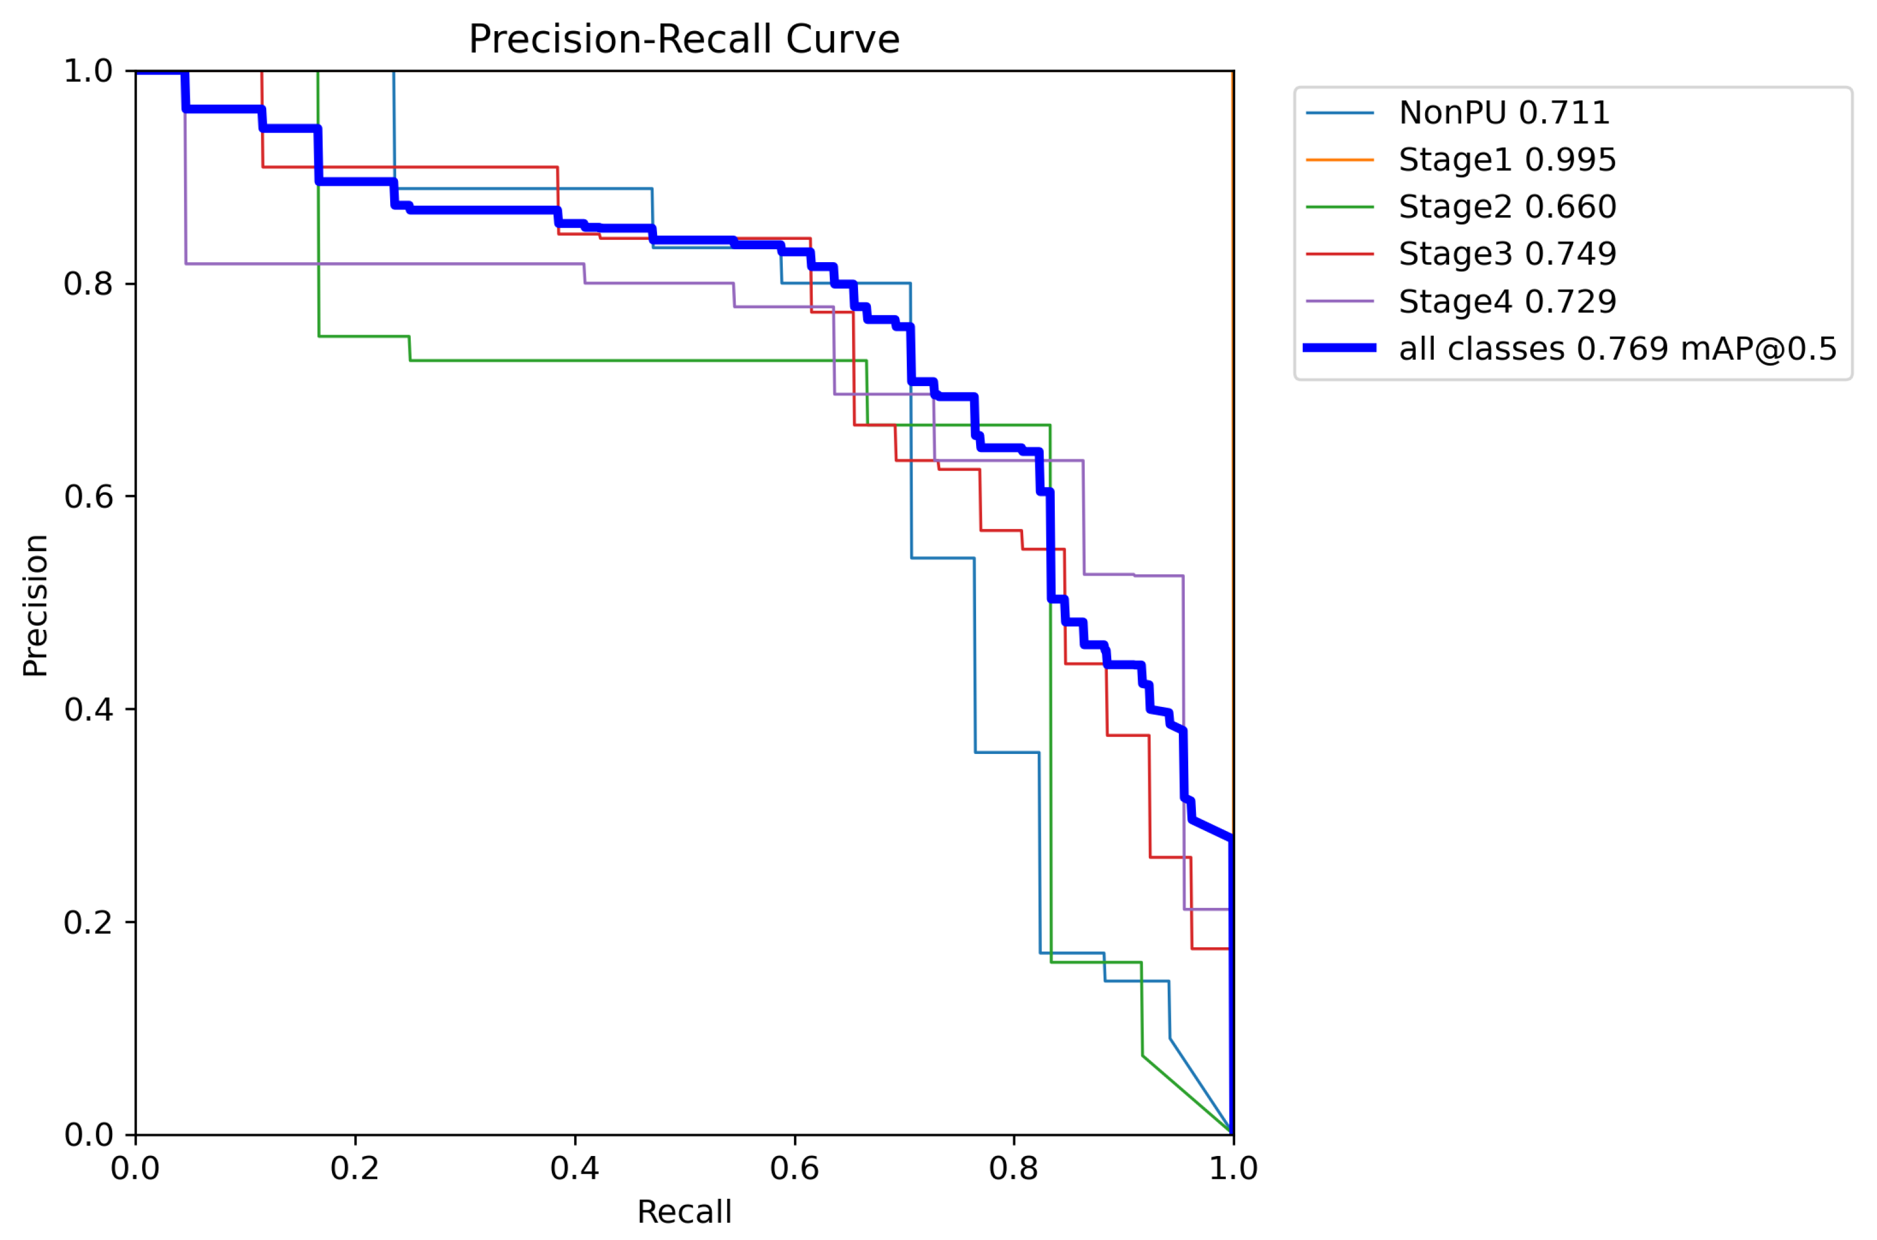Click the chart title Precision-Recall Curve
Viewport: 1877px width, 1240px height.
[x=684, y=39]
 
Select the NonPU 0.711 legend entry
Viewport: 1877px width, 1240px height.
[x=1503, y=113]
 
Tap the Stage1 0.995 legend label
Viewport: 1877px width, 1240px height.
[x=1506, y=160]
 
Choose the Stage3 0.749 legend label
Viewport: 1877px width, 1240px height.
[x=1506, y=254]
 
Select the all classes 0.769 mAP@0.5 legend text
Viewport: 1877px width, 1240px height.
[x=1617, y=348]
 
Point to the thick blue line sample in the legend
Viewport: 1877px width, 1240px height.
[x=1339, y=348]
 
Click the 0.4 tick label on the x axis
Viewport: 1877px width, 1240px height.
[x=575, y=1168]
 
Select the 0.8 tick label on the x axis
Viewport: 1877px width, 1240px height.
[x=1014, y=1168]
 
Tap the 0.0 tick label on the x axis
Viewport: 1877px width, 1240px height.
[x=135, y=1168]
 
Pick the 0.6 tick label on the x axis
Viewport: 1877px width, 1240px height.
[x=794, y=1168]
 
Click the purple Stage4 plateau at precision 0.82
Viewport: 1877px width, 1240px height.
[x=380, y=263]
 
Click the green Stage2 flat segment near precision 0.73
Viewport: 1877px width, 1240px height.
[x=632, y=361]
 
